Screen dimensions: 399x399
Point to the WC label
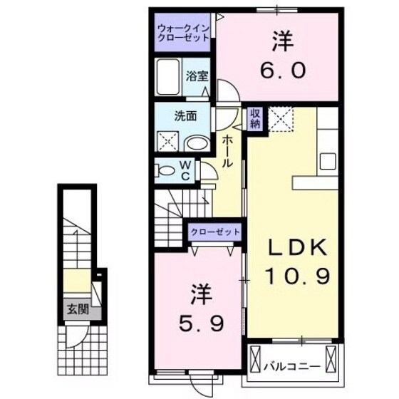coord(185,169)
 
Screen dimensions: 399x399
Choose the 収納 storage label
coord(255,118)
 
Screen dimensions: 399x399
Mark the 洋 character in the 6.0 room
coord(282,41)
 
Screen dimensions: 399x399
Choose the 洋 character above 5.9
coord(199,294)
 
